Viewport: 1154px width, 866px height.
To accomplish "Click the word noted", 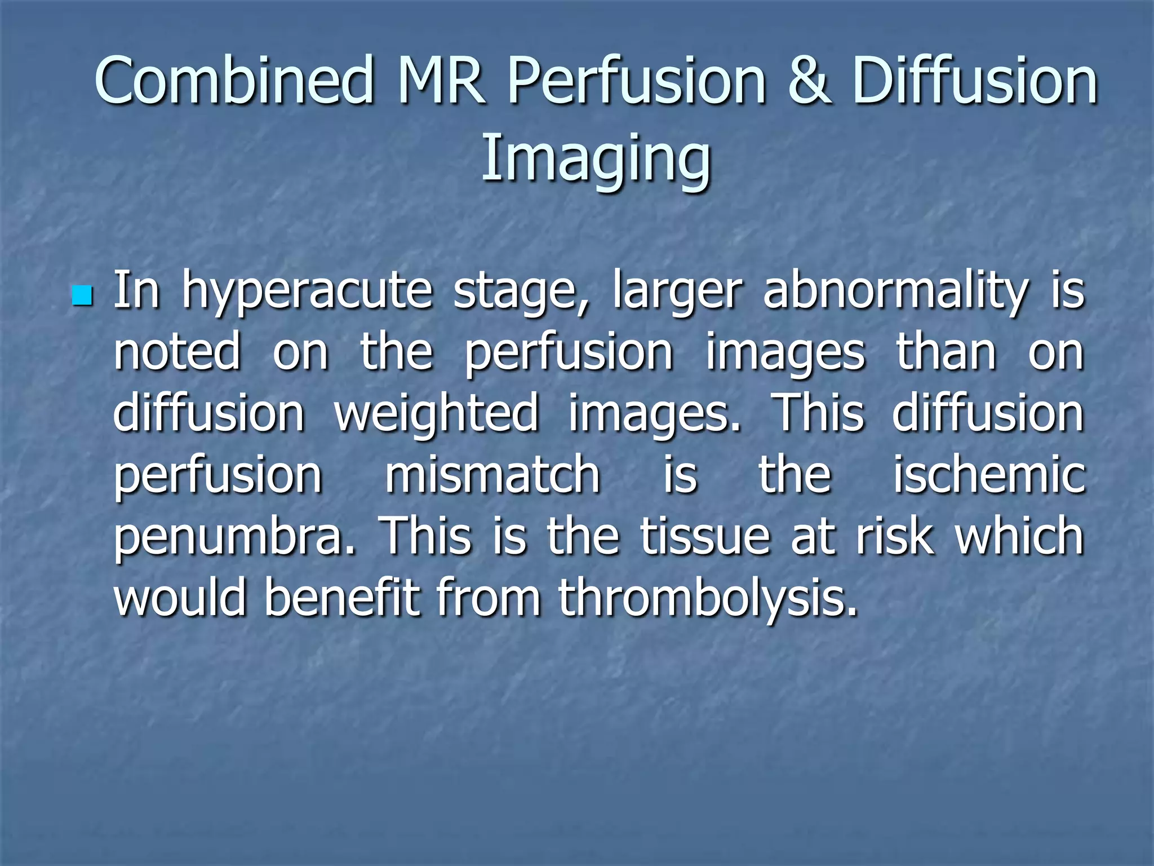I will [x=177, y=352].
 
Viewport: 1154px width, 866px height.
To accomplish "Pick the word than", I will [x=947, y=352].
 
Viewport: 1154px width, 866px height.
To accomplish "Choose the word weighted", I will [x=437, y=413].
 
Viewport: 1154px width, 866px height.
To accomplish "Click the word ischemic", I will [x=989, y=474].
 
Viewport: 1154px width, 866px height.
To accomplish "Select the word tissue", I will [x=705, y=536].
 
